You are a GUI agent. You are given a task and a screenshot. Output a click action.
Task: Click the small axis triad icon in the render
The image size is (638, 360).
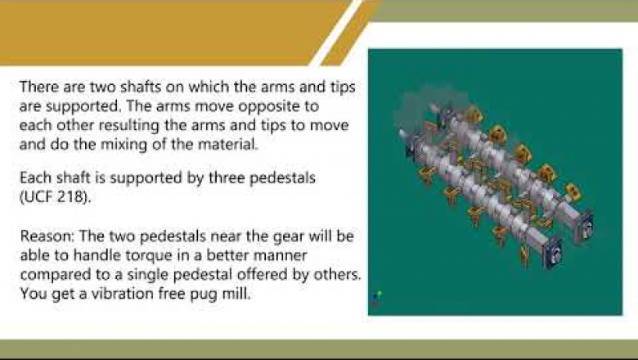pos(376,297)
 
